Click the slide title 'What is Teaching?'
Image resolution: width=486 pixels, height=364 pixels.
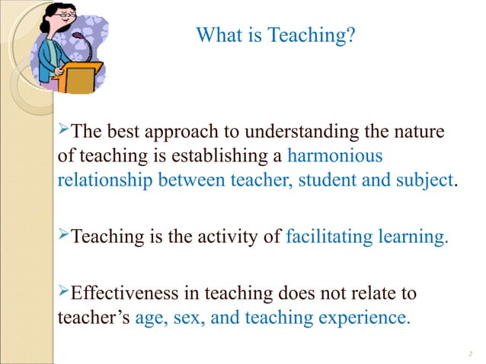[275, 36]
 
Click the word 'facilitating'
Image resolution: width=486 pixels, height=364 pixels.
[329, 237]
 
